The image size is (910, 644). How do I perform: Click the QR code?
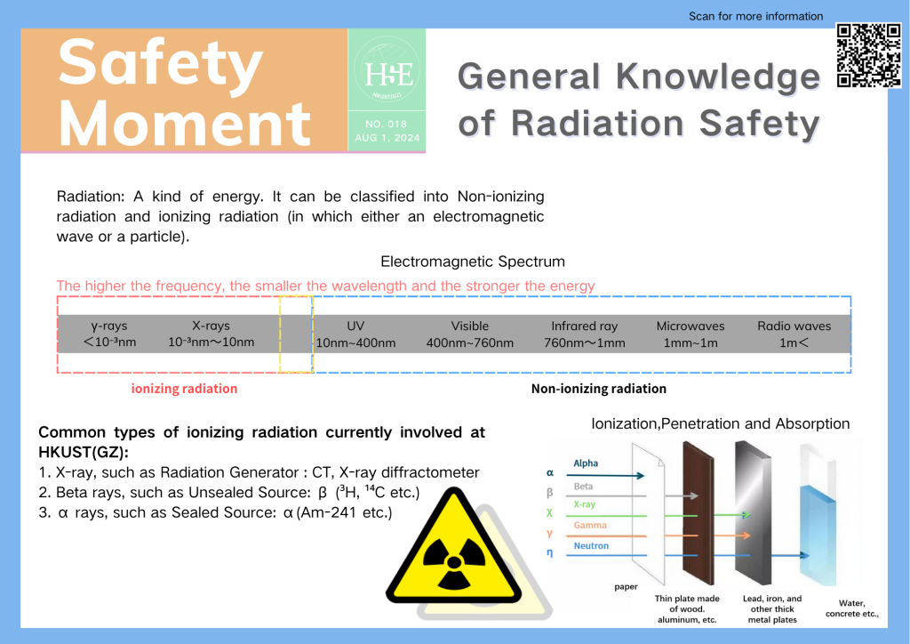[869, 55]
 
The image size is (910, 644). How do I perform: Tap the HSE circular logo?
[387, 73]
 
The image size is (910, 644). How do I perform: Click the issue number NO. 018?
[387, 124]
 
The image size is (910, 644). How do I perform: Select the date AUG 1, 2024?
[387, 138]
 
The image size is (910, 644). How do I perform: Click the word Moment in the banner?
[185, 124]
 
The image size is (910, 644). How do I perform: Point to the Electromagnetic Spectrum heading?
[473, 262]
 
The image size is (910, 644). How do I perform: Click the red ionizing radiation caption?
[185, 389]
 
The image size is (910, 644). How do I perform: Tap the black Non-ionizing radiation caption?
[599, 389]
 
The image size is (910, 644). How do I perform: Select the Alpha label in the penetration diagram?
[586, 463]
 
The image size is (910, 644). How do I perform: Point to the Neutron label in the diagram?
[591, 546]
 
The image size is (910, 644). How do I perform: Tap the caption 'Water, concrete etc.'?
[852, 608]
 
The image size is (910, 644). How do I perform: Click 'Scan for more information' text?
[755, 16]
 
